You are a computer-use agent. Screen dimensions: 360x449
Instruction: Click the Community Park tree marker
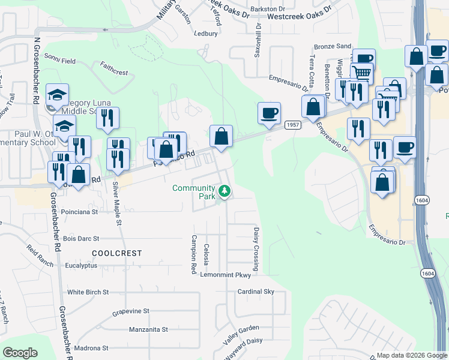pos(224,191)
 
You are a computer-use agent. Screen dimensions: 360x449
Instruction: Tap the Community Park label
pos(193,192)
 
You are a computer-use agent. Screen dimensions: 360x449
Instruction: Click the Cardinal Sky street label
pos(256,292)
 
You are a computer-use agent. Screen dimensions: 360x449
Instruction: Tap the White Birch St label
pos(88,292)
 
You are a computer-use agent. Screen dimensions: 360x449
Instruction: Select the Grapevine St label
pos(130,311)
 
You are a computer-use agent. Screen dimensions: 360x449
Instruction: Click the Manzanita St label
pos(148,329)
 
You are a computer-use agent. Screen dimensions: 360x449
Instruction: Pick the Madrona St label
pos(88,348)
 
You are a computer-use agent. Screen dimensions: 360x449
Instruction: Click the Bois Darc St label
pos(80,238)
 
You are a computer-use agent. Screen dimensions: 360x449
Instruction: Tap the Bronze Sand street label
pos(333,46)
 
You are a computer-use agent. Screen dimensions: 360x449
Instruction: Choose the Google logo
pos(20,353)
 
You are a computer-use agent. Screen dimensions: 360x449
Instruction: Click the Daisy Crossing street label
pos(256,248)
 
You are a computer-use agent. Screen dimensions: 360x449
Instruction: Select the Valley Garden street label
pos(241,334)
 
